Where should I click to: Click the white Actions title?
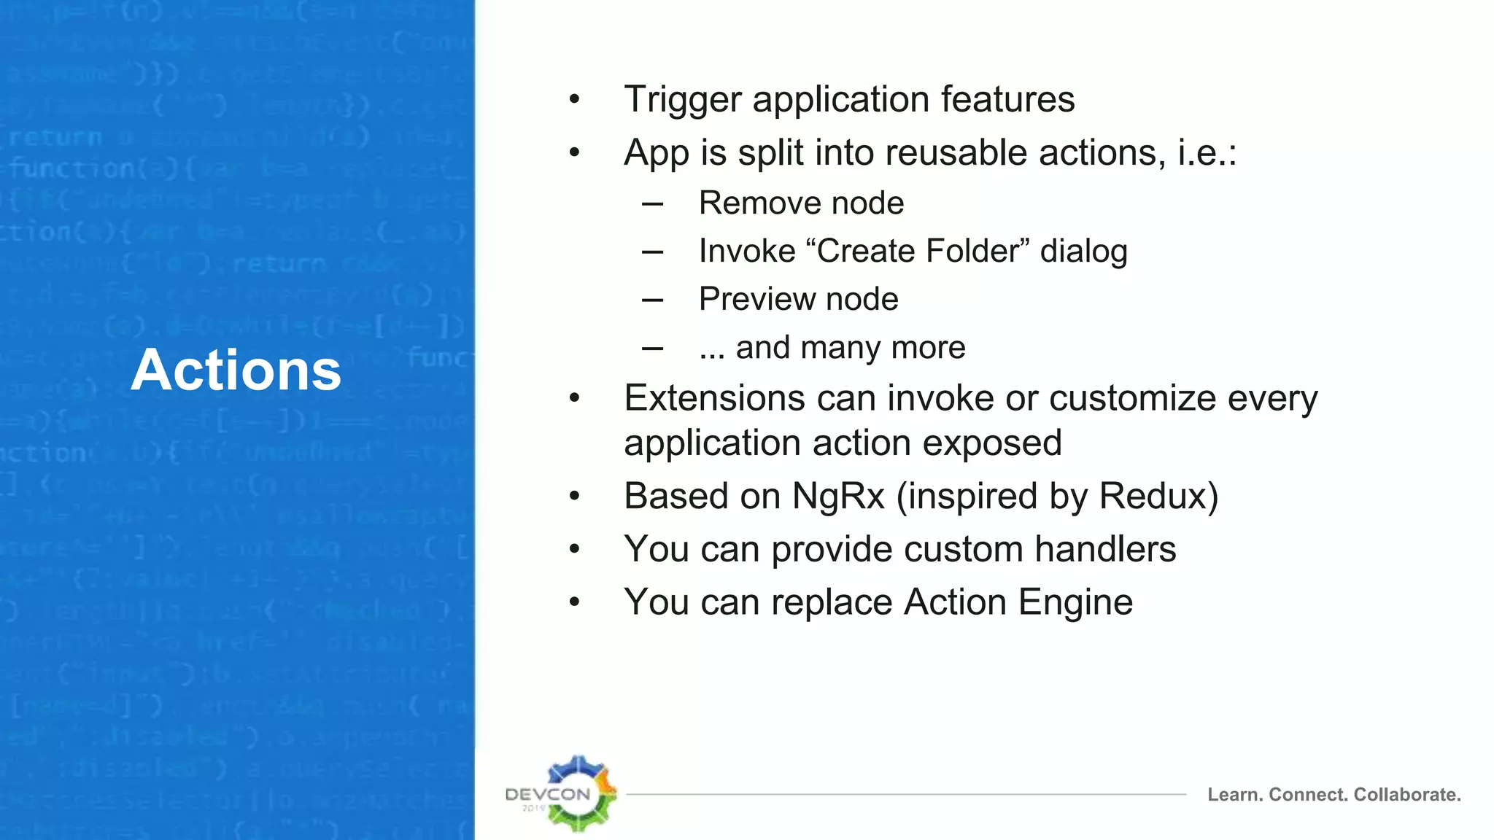[x=236, y=370]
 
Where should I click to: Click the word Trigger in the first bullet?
[x=683, y=100]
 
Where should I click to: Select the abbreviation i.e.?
[x=1207, y=153]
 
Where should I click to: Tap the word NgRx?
[x=838, y=497]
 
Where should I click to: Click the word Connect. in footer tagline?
[x=1309, y=795]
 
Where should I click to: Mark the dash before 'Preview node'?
[x=652, y=300]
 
